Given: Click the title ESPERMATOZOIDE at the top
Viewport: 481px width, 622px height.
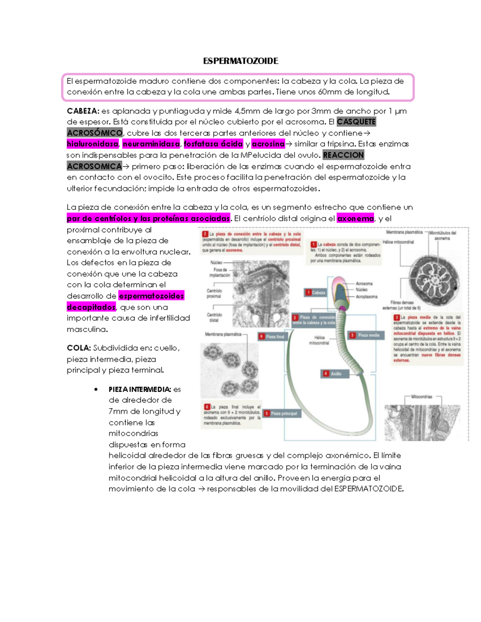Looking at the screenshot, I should pos(240,61).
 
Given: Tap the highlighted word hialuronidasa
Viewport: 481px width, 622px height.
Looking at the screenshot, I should pos(93,144).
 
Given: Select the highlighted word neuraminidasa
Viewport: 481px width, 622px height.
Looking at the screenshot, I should pos(151,144).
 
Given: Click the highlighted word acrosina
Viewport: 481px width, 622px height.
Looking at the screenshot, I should pos(268,144).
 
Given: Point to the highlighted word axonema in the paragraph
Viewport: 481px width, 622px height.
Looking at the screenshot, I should pos(355,219).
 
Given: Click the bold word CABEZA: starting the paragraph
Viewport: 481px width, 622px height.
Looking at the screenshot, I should pos(83,111).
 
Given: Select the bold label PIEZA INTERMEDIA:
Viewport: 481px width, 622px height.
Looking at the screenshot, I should pos(139,389).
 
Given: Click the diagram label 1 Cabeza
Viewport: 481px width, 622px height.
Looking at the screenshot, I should pos(315,293).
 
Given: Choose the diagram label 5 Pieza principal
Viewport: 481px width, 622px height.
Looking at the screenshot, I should pos(281,413).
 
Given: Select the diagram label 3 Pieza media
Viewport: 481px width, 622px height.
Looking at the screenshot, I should pos(365,335).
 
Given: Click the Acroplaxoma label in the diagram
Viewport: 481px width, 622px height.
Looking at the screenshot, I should pos(366,297).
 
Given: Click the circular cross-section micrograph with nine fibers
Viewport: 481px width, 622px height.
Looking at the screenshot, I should pos(434,280).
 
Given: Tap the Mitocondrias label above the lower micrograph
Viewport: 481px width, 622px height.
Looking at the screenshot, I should pos(422,397).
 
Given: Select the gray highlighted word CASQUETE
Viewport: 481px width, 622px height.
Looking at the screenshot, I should pos(356,122).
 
